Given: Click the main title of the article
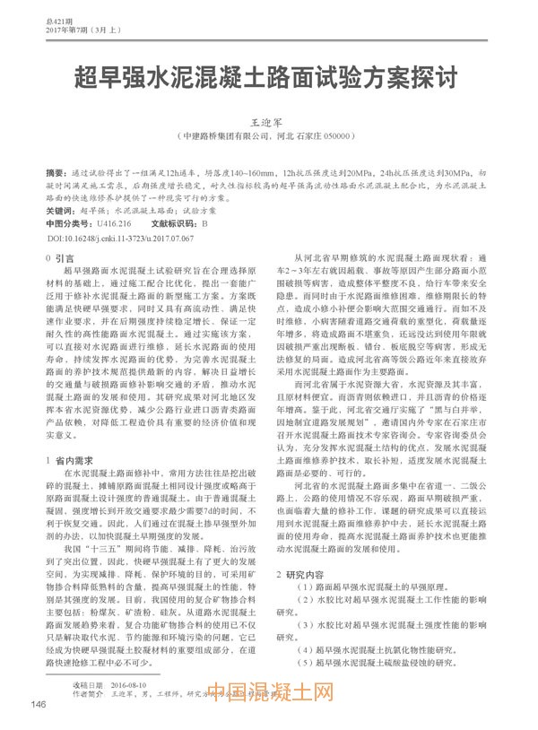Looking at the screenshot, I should click(x=269, y=74).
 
